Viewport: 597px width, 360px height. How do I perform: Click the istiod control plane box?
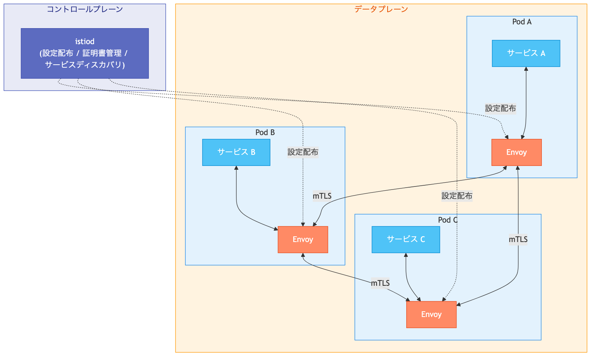tap(85, 53)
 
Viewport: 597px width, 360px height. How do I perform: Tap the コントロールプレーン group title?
tap(85, 9)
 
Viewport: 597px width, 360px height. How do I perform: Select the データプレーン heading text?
tap(381, 9)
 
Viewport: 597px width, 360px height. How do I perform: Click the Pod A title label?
tap(522, 22)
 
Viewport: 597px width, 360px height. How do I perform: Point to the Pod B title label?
tap(265, 132)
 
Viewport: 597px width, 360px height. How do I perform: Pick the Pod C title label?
tap(448, 220)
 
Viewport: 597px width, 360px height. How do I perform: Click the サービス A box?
tap(526, 53)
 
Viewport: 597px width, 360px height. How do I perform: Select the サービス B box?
tap(236, 152)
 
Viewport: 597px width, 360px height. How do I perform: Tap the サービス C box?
tap(405, 239)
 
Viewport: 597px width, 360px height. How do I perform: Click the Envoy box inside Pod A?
tap(516, 152)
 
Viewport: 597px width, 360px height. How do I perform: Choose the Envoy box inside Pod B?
tap(303, 239)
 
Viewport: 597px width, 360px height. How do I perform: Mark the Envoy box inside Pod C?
tap(431, 314)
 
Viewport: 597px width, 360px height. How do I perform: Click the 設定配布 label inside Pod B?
tap(303, 152)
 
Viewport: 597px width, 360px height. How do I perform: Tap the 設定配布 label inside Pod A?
tap(500, 108)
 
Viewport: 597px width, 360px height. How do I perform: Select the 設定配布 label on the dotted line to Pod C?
tap(457, 196)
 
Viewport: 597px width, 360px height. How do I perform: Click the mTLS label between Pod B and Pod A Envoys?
tap(322, 196)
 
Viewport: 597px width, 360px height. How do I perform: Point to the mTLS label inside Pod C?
tap(518, 239)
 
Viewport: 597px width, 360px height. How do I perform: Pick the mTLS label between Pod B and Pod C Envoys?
tap(380, 283)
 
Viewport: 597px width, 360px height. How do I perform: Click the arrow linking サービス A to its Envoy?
tap(526, 103)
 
